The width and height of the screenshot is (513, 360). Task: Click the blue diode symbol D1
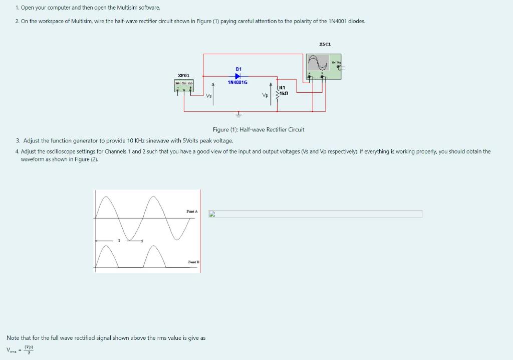(x=238, y=75)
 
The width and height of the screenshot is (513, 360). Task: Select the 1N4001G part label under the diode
(x=237, y=82)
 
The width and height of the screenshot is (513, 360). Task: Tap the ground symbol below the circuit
(x=238, y=114)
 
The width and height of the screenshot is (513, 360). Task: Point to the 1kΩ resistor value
(x=284, y=94)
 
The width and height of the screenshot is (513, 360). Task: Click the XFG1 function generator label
(x=184, y=75)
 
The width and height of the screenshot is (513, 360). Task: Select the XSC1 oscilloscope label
(x=325, y=45)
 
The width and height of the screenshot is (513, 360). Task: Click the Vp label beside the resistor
(x=266, y=95)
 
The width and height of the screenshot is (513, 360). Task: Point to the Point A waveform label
(x=192, y=212)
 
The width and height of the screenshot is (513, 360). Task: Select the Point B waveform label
(x=193, y=262)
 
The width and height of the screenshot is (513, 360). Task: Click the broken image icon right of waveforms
(x=212, y=214)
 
